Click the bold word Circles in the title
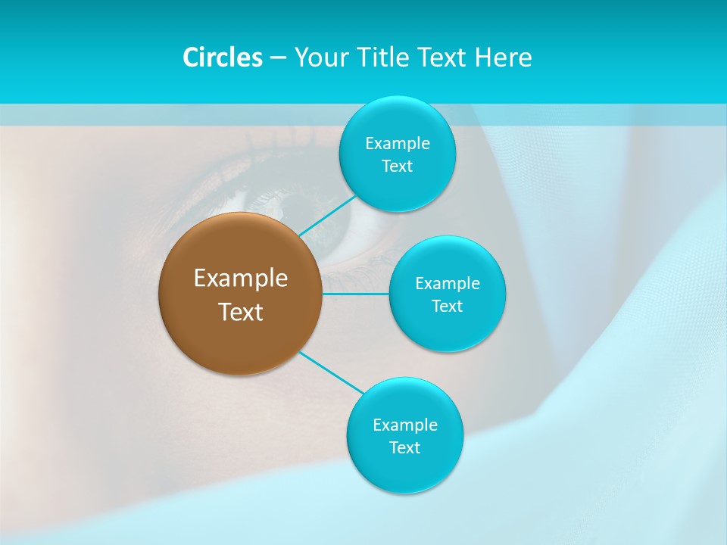pos(222,58)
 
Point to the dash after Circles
pos(278,58)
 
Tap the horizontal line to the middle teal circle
pos(356,294)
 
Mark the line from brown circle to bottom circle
pos(332,372)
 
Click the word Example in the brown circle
pos(241,279)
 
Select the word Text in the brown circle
pos(241,312)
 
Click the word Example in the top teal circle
pos(398,143)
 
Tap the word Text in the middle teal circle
pos(447,306)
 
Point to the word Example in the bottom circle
pos(405,425)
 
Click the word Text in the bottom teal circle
pos(404,447)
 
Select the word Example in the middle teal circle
pos(448,283)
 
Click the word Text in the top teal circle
pos(397,166)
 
